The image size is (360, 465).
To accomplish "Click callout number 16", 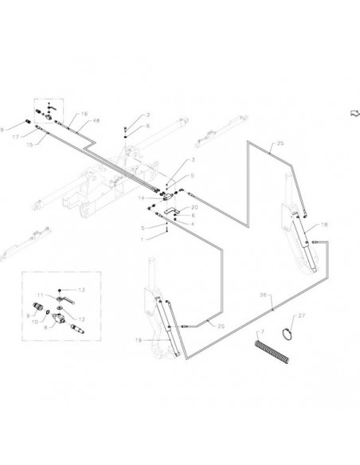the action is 84,114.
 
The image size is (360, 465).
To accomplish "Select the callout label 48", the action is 96,121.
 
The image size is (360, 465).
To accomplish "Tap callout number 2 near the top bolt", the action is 148,115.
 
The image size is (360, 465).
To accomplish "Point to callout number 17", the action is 15,137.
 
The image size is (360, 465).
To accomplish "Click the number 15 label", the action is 29,145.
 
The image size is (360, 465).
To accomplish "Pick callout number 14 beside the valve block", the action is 141,197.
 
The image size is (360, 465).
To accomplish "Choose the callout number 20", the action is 194,207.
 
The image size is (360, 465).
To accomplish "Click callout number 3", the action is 193,160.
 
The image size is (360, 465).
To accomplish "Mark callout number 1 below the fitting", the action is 143,240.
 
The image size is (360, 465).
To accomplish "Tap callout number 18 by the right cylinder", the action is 324,225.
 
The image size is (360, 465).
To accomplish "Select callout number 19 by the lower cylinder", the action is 139,340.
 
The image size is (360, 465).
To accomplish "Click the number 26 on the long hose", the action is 264,295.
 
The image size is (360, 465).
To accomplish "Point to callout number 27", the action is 301,316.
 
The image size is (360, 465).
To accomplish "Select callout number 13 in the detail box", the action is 81,290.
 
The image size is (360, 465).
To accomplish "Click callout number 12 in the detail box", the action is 81,319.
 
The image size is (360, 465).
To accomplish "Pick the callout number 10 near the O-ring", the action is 35,322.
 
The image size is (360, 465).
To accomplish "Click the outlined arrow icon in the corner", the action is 354,113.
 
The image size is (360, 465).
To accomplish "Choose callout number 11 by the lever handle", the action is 41,295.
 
